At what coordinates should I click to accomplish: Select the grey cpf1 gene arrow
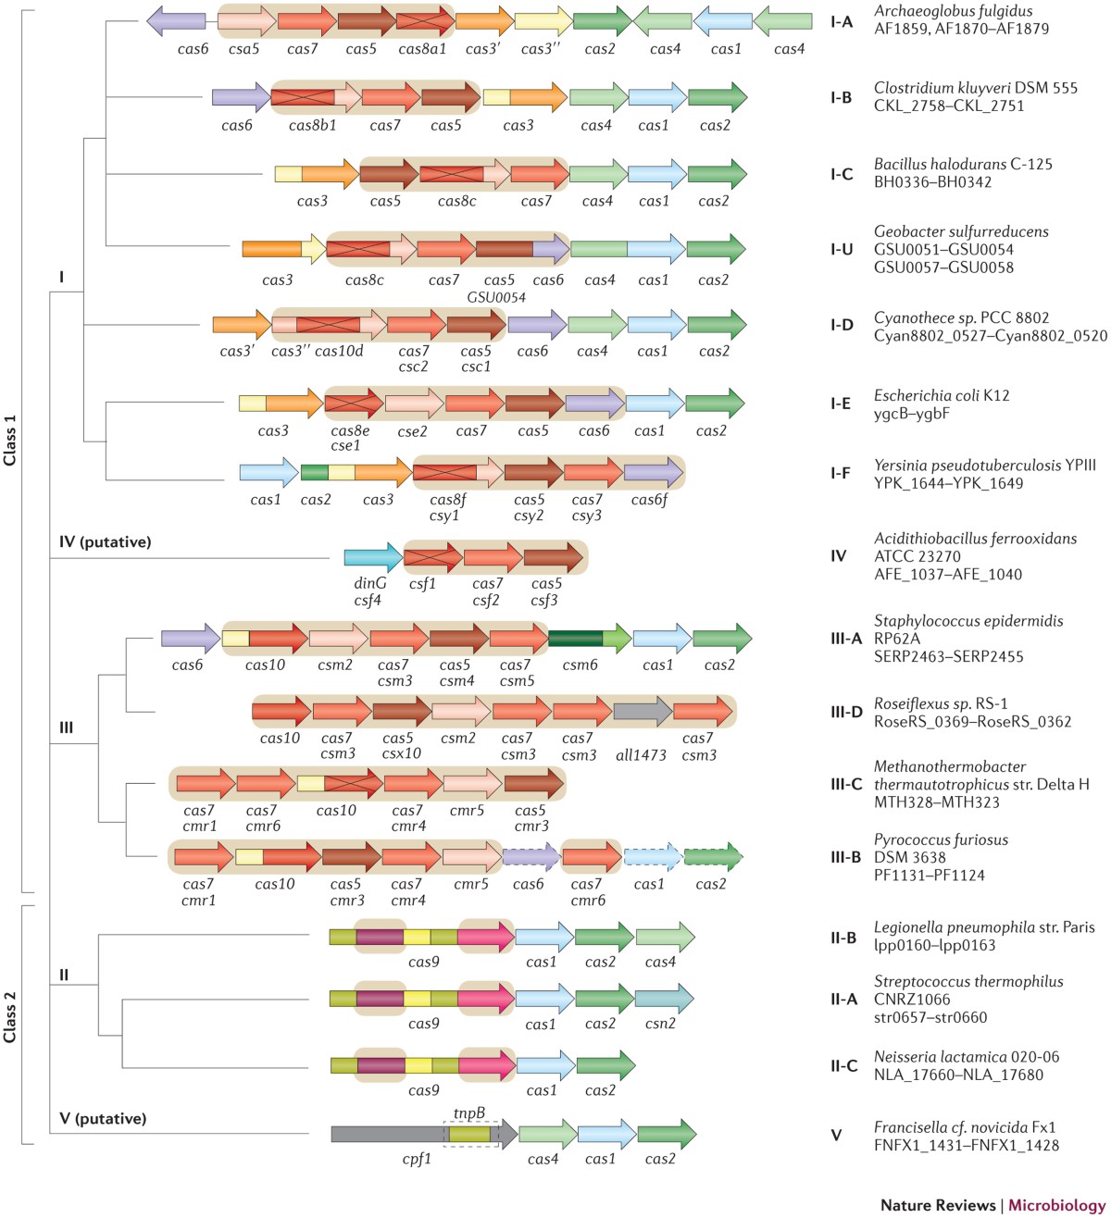pos(389,1134)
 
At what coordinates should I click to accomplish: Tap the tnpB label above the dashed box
pos(469,1112)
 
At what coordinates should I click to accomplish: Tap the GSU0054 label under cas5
pos(496,297)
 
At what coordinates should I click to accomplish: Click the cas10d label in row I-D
pos(339,351)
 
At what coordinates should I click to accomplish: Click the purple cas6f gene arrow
pos(653,473)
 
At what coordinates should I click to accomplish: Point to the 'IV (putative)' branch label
pos(105,541)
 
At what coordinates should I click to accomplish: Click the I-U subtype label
pos(841,249)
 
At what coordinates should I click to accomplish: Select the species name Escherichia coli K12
pos(942,395)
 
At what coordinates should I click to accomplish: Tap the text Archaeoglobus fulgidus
pos(954,11)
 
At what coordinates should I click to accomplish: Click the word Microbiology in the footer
pos(1056,1205)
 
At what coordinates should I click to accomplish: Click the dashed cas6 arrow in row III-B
pos(531,857)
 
